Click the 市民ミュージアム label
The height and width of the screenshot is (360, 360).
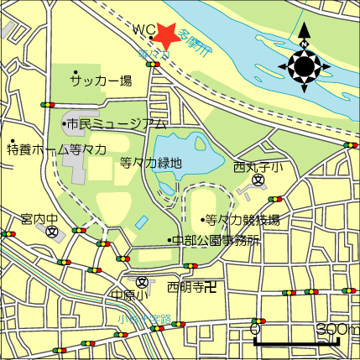(x=117, y=124)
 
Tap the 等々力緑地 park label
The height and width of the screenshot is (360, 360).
(x=150, y=164)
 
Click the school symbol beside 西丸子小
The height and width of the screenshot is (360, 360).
(x=259, y=180)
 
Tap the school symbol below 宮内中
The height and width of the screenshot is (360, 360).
(x=53, y=232)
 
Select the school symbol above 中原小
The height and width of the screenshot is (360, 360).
(x=142, y=281)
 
